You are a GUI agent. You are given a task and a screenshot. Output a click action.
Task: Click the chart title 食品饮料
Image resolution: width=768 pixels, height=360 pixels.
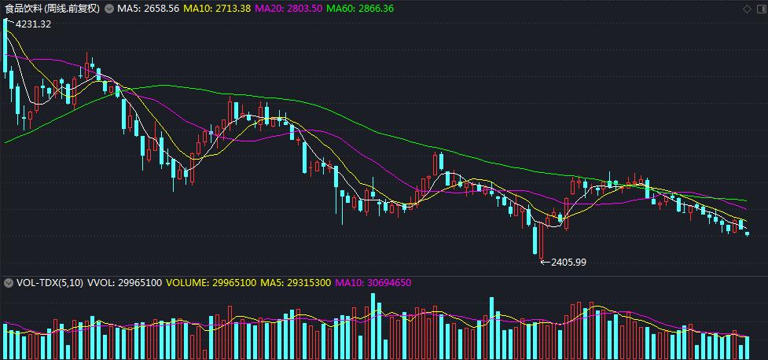click(24, 8)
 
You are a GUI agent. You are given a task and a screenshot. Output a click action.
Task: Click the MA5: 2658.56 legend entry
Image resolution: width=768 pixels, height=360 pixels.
click(148, 8)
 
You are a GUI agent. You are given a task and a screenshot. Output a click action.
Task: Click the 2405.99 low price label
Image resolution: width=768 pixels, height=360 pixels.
click(568, 262)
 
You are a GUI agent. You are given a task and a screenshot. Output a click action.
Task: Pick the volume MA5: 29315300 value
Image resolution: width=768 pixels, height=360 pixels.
click(295, 283)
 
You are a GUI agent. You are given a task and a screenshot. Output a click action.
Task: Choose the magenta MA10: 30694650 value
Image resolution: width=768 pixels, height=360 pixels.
click(373, 283)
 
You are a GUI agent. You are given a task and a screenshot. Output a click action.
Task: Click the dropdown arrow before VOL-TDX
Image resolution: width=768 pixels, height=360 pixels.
click(8, 283)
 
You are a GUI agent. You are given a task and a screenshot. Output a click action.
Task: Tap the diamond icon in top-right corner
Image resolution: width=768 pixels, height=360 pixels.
click(746, 9)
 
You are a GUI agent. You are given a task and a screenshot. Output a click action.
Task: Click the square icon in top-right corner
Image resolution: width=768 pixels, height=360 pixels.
click(759, 9)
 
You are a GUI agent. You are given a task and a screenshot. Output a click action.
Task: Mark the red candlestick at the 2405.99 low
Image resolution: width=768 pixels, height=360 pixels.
click(541, 240)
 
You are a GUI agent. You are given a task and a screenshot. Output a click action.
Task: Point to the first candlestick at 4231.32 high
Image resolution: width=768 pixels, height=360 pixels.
click(6, 47)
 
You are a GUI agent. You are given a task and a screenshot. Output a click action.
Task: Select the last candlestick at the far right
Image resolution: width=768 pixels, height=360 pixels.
click(747, 233)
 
